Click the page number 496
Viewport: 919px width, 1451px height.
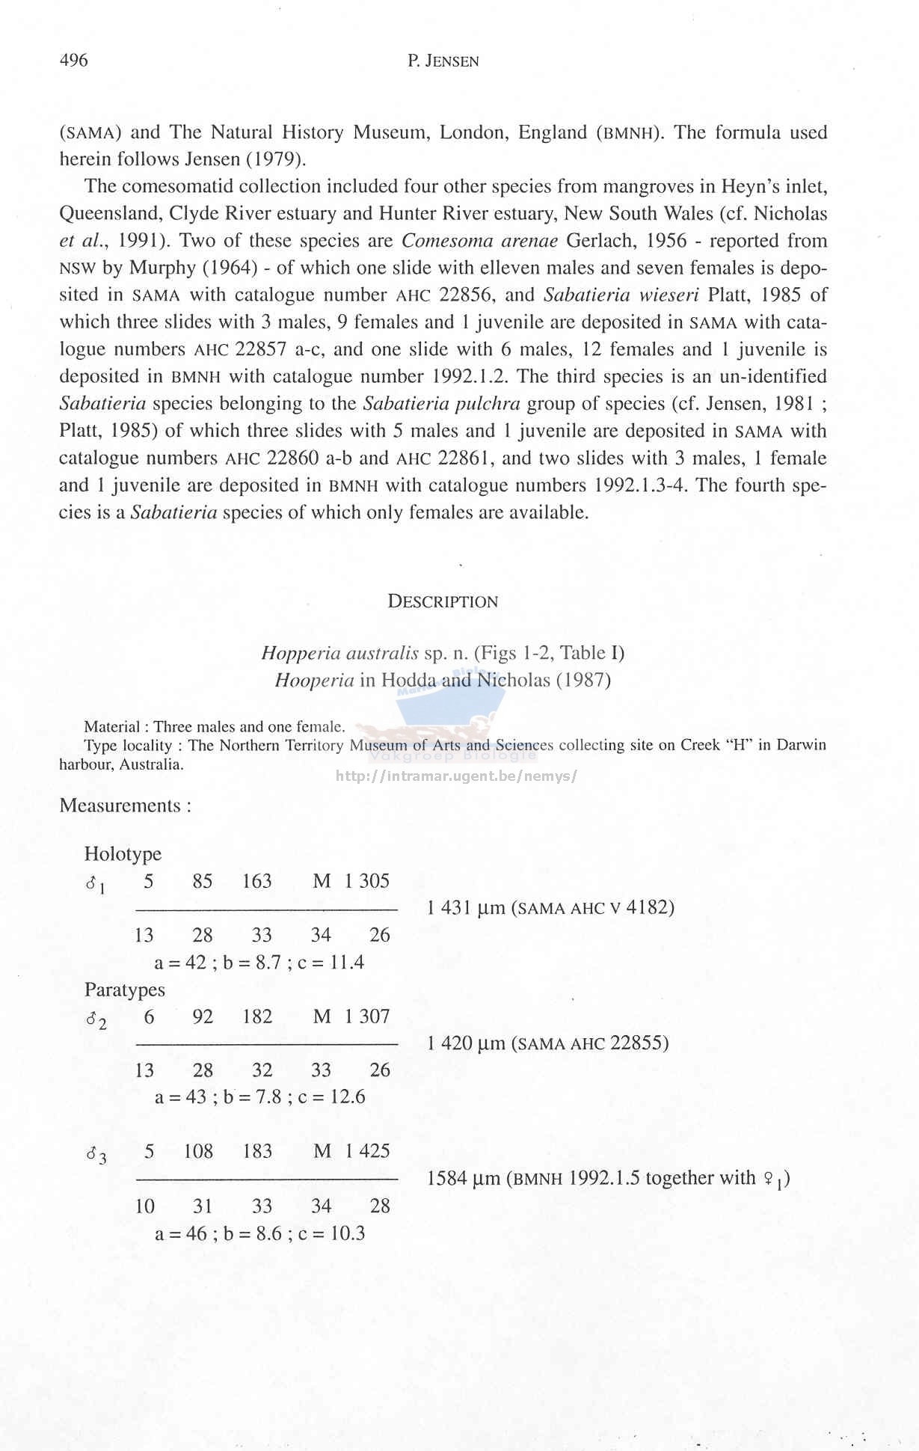point(73,60)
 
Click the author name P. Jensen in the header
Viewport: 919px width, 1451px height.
point(443,61)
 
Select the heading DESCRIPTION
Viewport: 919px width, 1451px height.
point(443,601)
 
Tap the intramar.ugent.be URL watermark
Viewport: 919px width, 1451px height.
point(456,776)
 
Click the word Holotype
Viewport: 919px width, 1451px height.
point(123,853)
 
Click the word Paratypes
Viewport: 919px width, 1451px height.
point(124,990)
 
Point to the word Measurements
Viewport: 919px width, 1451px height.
point(120,806)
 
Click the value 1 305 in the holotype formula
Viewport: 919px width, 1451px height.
point(367,880)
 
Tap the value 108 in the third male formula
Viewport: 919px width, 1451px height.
point(199,1151)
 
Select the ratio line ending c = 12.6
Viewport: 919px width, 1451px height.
point(259,1097)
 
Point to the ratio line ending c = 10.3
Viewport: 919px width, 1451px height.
point(259,1233)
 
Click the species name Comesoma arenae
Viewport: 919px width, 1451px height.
point(479,241)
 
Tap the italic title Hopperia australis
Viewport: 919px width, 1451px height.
point(339,653)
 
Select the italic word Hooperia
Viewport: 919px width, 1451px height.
point(314,680)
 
